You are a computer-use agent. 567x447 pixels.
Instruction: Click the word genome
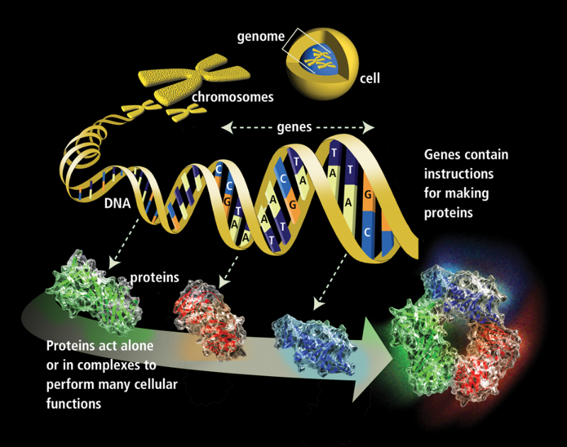(261, 37)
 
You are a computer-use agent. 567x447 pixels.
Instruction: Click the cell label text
(370, 78)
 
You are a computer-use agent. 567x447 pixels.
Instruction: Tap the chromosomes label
(232, 97)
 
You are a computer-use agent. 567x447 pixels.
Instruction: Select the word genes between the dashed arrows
(294, 128)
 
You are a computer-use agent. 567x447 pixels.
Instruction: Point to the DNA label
(117, 203)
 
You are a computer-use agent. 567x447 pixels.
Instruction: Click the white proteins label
(155, 278)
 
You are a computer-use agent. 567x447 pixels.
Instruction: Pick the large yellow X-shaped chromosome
(193, 79)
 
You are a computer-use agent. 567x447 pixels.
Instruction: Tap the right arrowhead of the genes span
(369, 128)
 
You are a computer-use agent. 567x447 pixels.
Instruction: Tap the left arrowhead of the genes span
(227, 128)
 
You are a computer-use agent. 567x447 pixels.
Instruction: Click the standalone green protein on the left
(94, 291)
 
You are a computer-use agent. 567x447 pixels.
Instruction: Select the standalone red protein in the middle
(210, 319)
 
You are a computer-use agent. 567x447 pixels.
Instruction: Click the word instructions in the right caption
(459, 174)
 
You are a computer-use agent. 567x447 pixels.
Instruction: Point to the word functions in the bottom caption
(74, 403)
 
